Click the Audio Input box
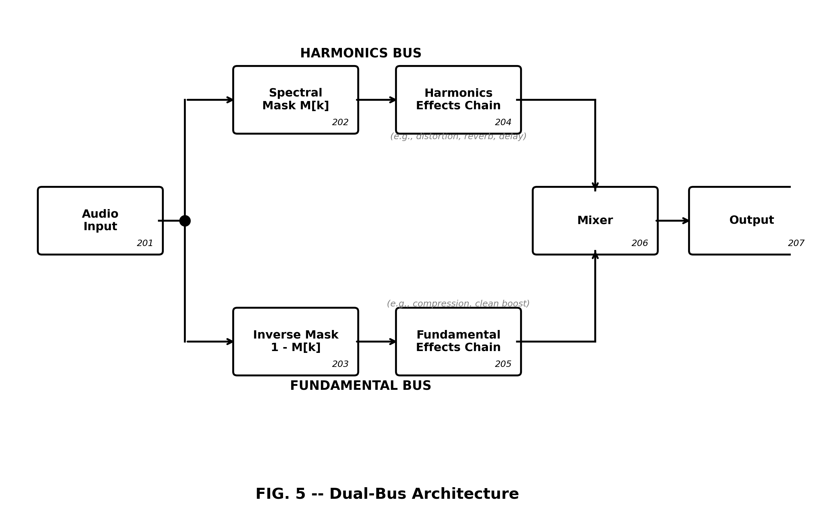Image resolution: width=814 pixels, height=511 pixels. (x=100, y=220)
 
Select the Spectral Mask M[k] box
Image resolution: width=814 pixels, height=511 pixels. (x=295, y=100)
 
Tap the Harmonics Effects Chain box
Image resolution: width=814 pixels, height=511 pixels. (x=458, y=100)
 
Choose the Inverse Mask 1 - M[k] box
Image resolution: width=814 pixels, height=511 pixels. (x=295, y=342)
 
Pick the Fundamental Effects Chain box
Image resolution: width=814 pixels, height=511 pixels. (x=458, y=342)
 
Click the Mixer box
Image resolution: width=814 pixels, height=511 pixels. (x=595, y=220)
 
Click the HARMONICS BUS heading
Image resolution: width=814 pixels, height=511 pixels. (x=361, y=53)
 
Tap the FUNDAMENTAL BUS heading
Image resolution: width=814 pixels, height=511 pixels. (x=360, y=386)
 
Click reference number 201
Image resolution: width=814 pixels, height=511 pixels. (x=145, y=243)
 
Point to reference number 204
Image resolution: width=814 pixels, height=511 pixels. (x=503, y=122)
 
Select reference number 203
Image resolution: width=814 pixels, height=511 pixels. (x=340, y=364)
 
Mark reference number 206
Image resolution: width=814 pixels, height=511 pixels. (x=640, y=243)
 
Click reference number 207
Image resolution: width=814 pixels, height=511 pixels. (x=796, y=243)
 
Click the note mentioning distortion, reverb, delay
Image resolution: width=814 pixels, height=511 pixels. (x=458, y=136)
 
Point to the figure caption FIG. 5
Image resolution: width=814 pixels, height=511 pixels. (x=387, y=494)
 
